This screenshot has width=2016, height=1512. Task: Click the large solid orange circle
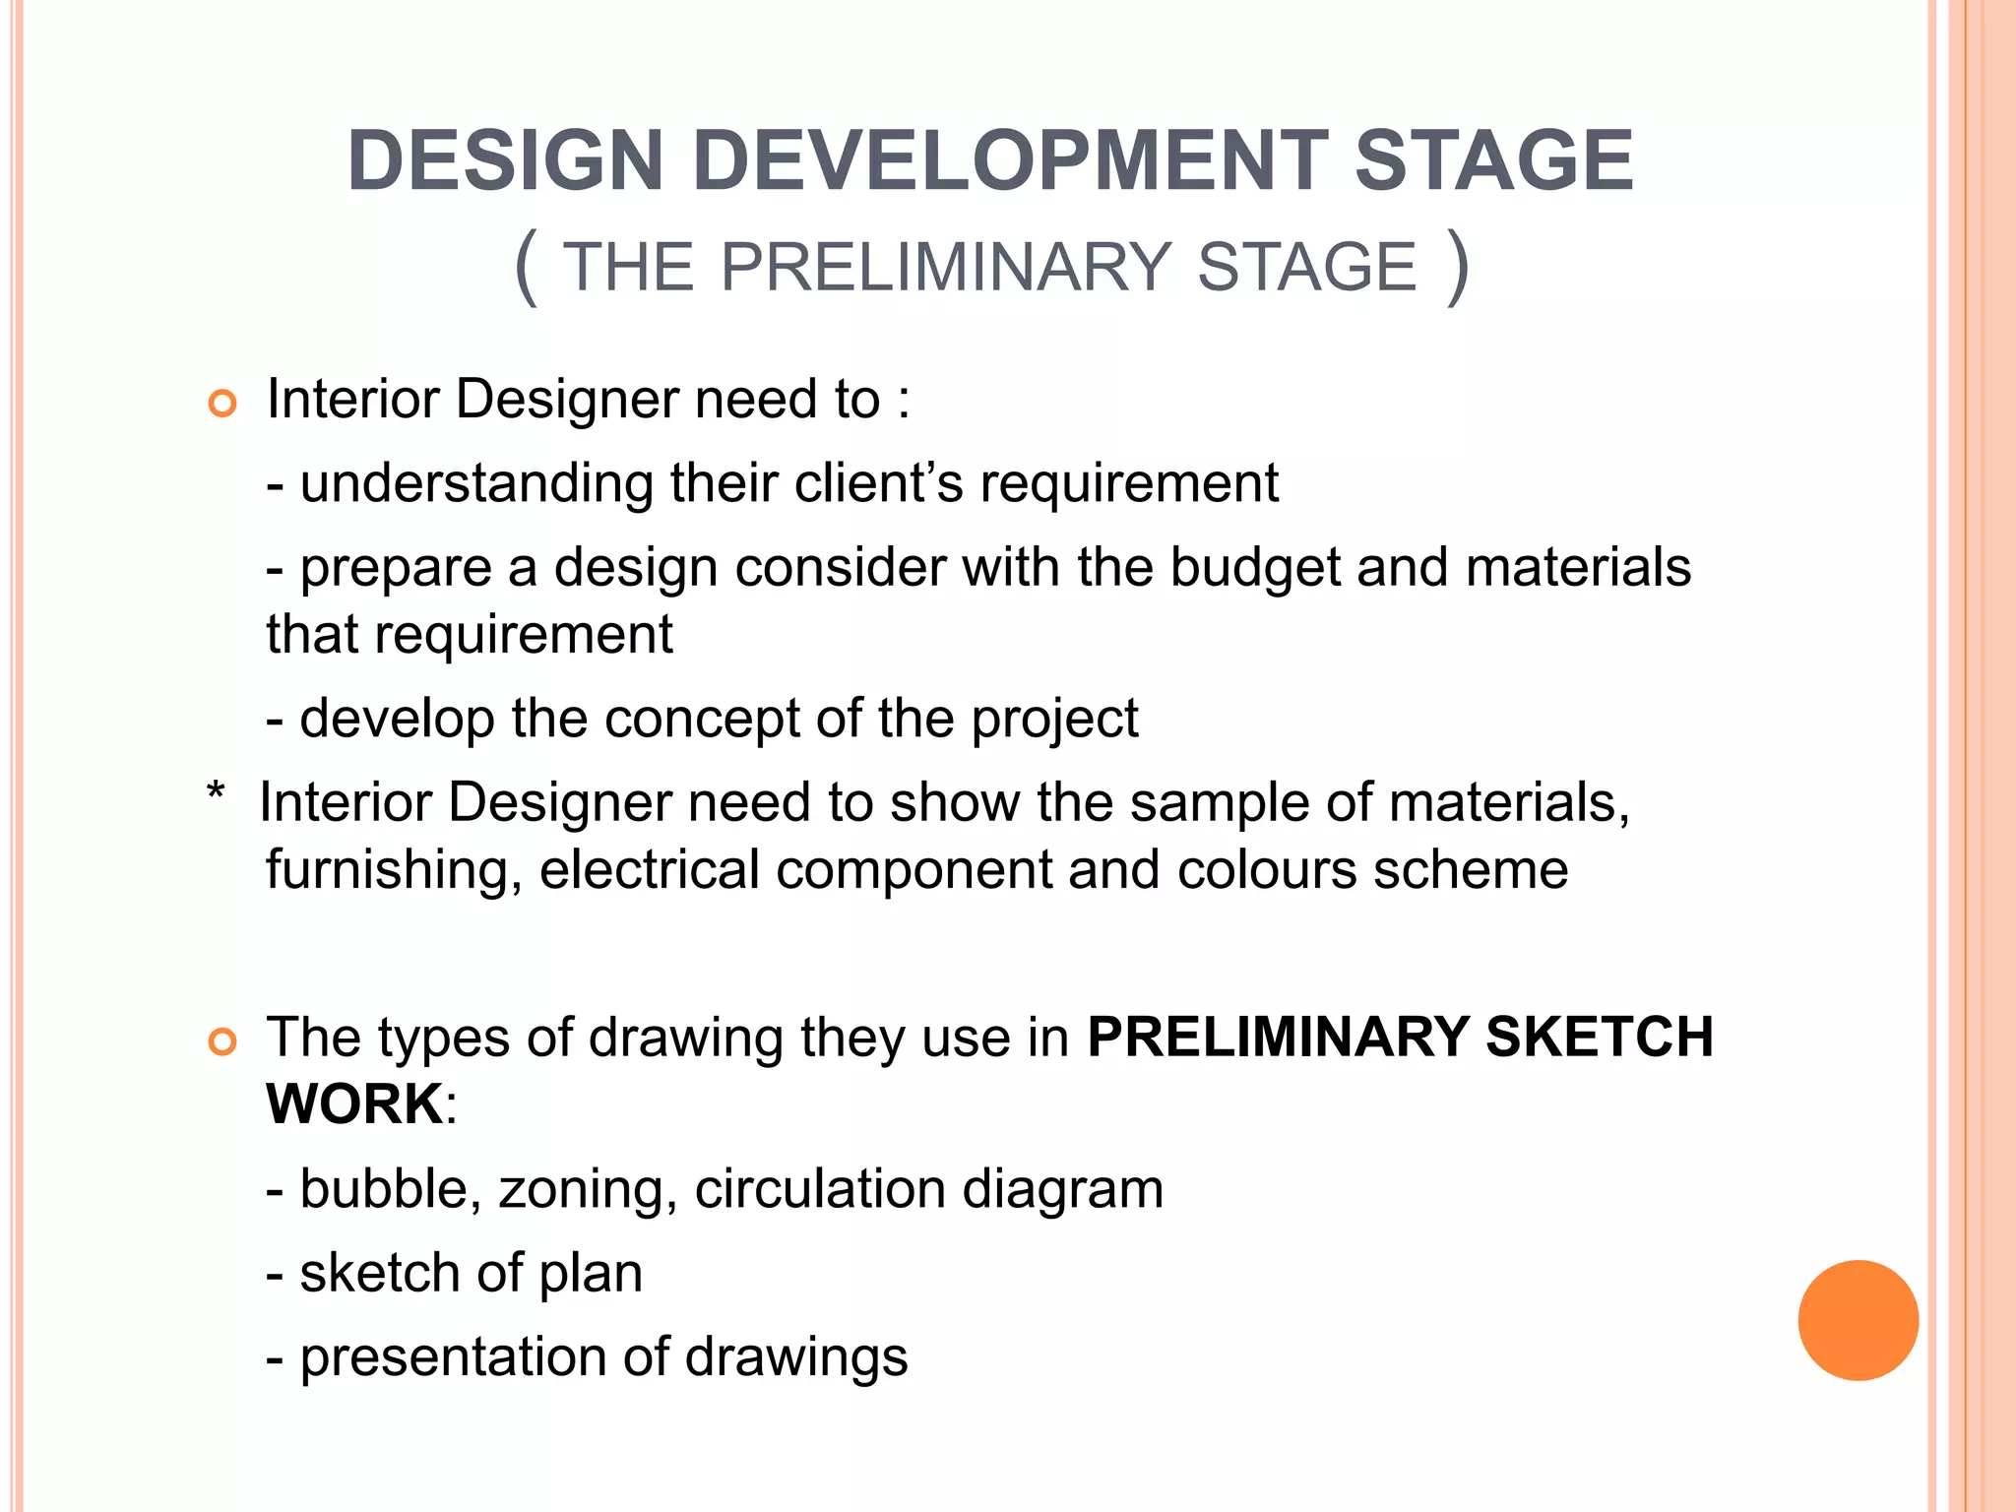1858,1320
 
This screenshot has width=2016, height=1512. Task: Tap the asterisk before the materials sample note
217,793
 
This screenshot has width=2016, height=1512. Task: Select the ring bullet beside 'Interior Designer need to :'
223,404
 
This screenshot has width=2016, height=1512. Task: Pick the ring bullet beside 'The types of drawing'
223,1042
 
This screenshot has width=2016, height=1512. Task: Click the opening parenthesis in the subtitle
527,267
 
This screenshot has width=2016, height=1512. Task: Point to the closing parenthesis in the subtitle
1458,267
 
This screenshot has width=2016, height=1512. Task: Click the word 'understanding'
476,483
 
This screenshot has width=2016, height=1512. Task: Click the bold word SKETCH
1599,1038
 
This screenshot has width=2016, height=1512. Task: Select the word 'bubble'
383,1189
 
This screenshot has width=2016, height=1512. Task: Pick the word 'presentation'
453,1358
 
